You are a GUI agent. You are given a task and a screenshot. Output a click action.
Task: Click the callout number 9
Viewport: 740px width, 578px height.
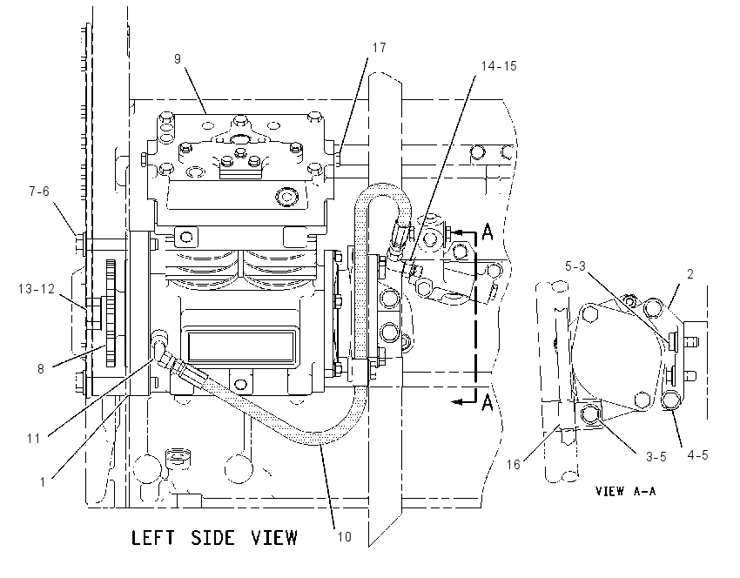pyautogui.click(x=178, y=59)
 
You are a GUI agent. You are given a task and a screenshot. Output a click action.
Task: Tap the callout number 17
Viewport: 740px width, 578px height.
pyautogui.click(x=379, y=48)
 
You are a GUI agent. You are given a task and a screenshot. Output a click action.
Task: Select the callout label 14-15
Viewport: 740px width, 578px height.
pyautogui.click(x=499, y=66)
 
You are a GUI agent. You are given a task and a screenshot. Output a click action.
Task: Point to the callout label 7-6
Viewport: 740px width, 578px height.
pyautogui.click(x=39, y=192)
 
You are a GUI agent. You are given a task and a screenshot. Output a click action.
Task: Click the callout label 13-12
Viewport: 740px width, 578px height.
pyautogui.click(x=37, y=288)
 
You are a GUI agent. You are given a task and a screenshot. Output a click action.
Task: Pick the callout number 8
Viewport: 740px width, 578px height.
pyautogui.click(x=41, y=368)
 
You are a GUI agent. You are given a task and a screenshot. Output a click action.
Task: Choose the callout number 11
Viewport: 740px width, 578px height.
pyautogui.click(x=33, y=439)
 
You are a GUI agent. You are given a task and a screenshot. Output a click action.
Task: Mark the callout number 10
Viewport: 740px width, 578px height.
pyautogui.click(x=345, y=537)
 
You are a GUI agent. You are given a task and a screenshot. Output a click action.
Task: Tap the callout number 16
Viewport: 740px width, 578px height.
pyautogui.click(x=514, y=465)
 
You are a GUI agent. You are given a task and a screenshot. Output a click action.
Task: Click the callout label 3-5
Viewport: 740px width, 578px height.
pyautogui.click(x=656, y=456)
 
